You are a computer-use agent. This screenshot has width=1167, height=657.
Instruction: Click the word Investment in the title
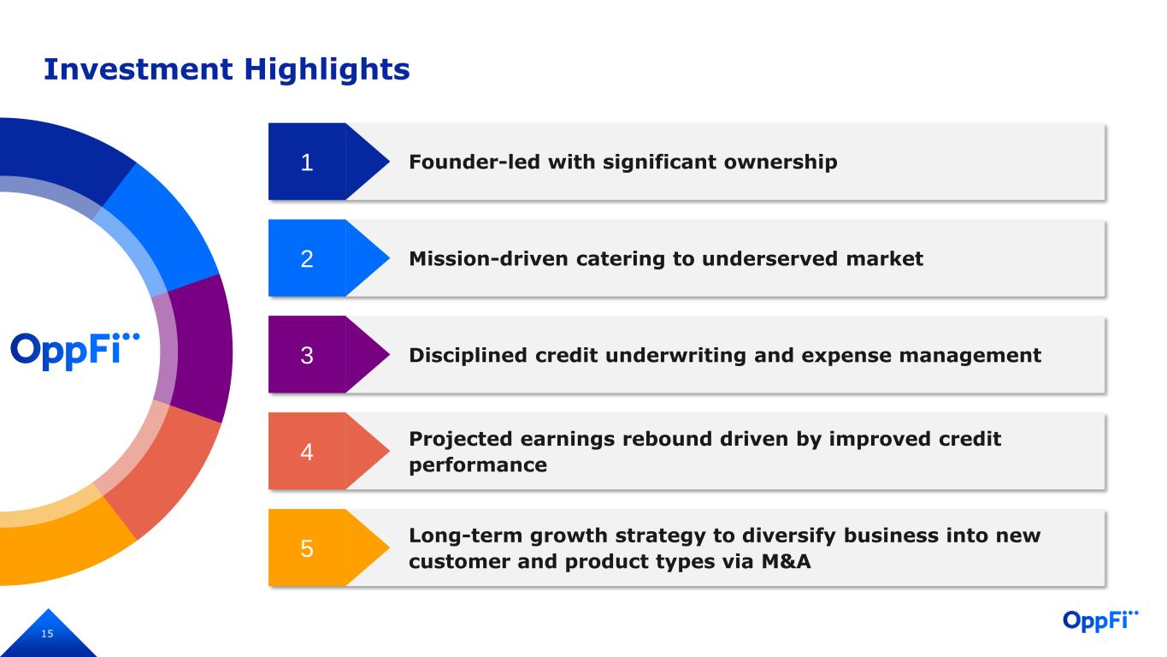coord(138,69)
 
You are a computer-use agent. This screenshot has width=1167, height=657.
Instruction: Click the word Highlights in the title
coord(327,70)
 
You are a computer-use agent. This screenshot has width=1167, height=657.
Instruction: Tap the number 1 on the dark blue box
coord(307,163)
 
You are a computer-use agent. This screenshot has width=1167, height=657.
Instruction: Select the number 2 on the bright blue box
coord(307,258)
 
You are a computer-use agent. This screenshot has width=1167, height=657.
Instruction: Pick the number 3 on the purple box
coord(307,356)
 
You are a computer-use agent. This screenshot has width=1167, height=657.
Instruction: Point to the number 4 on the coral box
coord(307,452)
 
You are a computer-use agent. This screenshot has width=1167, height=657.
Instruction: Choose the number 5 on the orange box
coord(307,548)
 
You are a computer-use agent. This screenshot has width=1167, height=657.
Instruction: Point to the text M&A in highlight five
coord(786,561)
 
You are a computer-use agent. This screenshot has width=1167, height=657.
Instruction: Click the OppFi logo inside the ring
coord(75,351)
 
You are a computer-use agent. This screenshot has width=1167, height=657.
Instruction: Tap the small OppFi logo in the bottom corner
coord(1100,620)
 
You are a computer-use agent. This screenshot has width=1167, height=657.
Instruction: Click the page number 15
coord(47,634)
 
